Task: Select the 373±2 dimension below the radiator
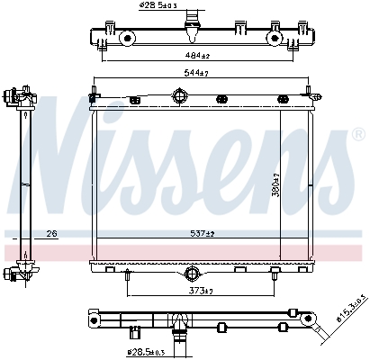199,290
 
